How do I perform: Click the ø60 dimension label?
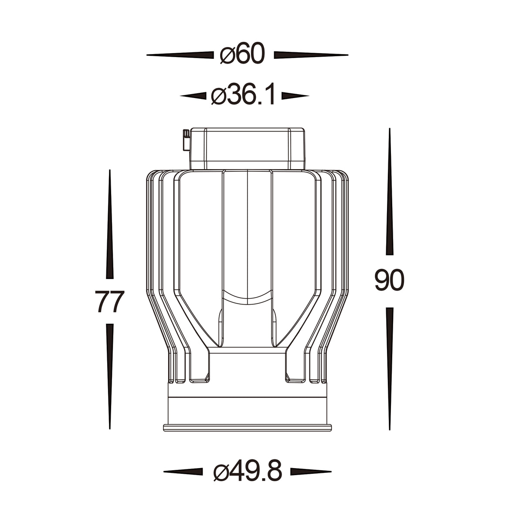coord(242,55)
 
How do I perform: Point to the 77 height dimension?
coord(110,302)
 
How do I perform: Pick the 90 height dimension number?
coord(390,281)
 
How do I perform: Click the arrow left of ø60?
coord(180,55)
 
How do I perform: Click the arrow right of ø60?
coord(310,55)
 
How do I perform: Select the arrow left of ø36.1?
coord(193,96)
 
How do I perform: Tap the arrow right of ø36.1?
coord(295,96)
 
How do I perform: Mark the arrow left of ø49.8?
coord(183,472)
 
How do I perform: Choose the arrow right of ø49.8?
coord(310,472)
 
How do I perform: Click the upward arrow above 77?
coord(110,224)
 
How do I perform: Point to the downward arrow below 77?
coord(110,376)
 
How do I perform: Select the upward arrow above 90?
coord(390,192)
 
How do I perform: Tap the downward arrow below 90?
coord(390,368)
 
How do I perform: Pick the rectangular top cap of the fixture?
coord(247,148)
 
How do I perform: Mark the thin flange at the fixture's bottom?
coord(247,427)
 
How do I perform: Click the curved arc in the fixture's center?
coord(247,298)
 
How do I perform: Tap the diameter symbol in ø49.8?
coord(221,472)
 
